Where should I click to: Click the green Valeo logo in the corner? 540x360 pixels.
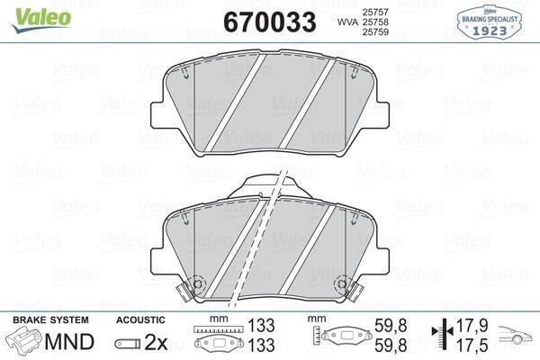pyautogui.click(x=41, y=20)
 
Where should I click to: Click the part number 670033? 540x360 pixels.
pyautogui.click(x=270, y=22)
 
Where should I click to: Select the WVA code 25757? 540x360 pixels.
pyautogui.click(x=375, y=12)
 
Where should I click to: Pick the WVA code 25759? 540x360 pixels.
pyautogui.click(x=375, y=32)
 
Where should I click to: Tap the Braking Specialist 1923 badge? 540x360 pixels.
pyautogui.click(x=489, y=22)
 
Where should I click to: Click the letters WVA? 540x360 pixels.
pyautogui.click(x=347, y=22)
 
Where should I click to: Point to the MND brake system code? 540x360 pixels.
pyautogui.click(x=69, y=342)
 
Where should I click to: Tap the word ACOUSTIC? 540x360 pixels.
pyautogui.click(x=140, y=320)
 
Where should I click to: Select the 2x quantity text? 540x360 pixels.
pyautogui.click(x=156, y=342)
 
